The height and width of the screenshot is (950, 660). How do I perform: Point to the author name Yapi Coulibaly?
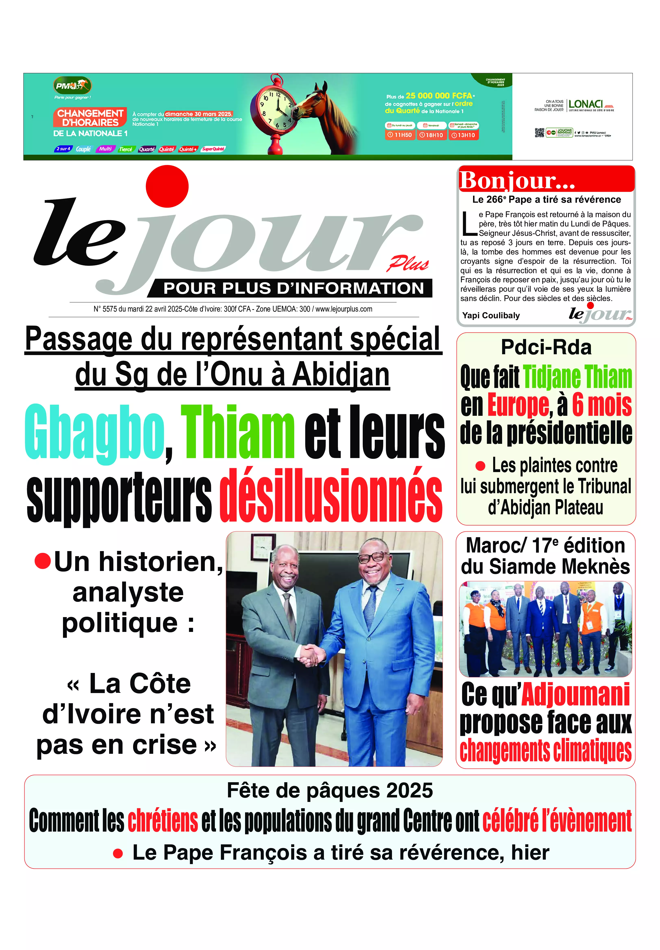[491, 315]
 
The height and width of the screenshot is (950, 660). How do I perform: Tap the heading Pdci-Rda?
[546, 347]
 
